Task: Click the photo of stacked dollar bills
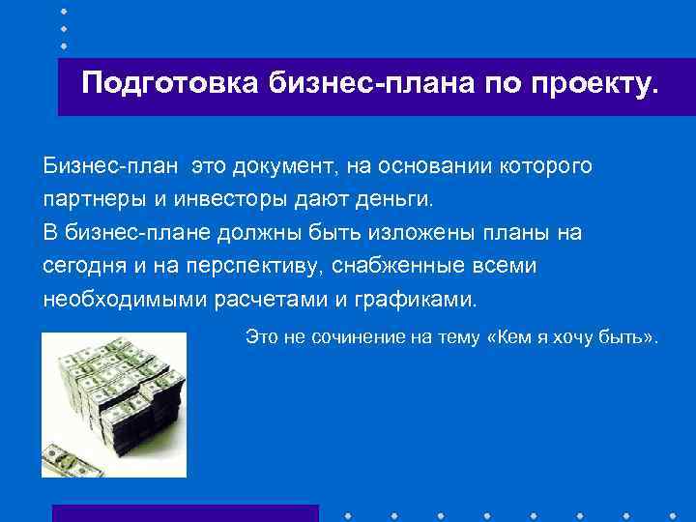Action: [x=113, y=405]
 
